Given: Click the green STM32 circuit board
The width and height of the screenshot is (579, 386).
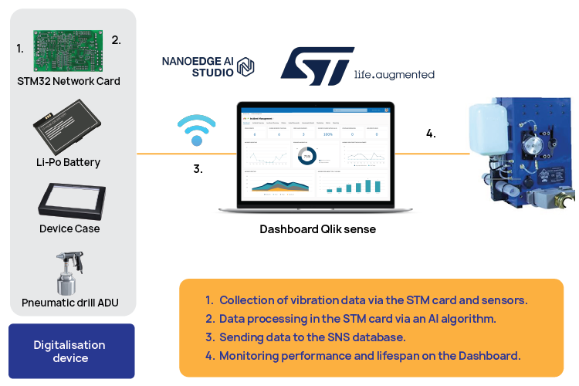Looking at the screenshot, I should click(69, 50).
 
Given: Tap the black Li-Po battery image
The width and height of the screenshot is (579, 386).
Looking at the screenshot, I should click(69, 132).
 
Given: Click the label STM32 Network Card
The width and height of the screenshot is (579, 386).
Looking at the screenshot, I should click(69, 81).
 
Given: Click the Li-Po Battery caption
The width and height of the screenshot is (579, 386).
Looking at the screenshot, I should click(69, 162).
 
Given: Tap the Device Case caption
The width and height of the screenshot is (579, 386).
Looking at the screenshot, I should click(69, 229).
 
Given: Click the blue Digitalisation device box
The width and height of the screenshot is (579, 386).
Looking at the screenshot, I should click(69, 351).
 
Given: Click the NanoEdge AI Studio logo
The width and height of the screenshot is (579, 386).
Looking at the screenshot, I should click(208, 67).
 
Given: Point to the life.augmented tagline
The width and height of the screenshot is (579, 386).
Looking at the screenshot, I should click(394, 75).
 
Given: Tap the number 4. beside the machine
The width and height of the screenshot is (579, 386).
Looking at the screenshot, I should click(430, 134).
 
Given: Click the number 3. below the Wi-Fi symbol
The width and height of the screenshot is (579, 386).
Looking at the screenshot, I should click(198, 168).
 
